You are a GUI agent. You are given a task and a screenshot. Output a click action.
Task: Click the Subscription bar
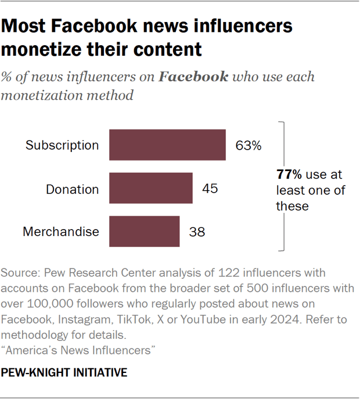click(167, 144)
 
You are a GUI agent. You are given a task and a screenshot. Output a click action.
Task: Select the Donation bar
click(151, 188)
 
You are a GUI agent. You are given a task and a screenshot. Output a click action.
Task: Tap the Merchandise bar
click(144, 231)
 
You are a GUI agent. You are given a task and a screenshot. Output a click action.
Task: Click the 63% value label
click(248, 145)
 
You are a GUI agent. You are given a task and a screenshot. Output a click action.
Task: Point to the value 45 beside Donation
click(210, 188)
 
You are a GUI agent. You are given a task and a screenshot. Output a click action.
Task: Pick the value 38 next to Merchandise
click(197, 232)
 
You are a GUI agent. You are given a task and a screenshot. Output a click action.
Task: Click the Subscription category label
click(62, 145)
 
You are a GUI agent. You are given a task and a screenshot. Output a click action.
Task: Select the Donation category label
click(73, 188)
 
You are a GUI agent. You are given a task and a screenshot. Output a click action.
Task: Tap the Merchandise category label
click(61, 232)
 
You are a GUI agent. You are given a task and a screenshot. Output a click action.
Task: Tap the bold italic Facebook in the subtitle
click(194, 77)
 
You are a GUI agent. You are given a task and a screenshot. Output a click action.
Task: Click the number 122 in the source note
click(204, 273)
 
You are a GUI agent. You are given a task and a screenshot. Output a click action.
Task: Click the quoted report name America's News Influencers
click(81, 350)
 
